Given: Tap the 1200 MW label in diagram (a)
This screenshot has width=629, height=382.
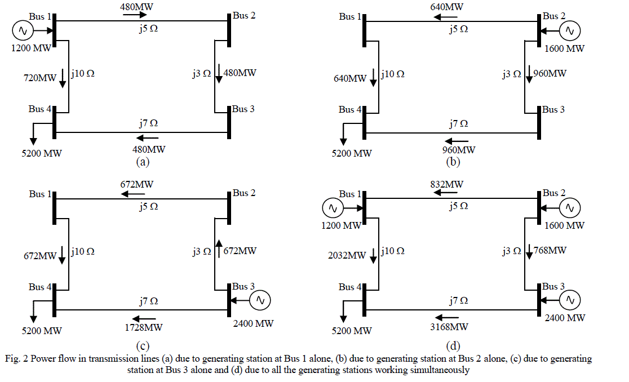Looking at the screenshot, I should point(31,48).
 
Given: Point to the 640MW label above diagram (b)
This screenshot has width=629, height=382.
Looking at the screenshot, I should point(448,7).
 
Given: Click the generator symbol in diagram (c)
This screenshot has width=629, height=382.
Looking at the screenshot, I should point(260,301).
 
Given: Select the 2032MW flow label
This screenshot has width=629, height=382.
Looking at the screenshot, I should point(347,256).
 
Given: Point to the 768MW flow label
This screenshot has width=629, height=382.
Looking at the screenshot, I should point(550,250).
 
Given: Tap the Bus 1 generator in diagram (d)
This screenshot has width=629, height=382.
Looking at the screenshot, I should point(333,208).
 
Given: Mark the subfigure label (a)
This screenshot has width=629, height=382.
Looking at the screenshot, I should point(142,162).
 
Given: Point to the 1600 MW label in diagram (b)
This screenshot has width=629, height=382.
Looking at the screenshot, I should point(565,48).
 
